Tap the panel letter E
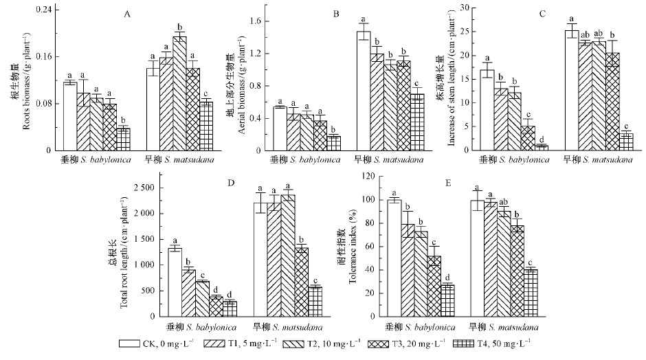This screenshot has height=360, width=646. (431, 183)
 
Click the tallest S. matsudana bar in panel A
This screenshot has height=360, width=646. (179, 93)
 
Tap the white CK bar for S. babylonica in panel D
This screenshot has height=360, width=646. (175, 282)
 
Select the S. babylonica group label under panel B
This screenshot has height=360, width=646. (307, 160)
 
